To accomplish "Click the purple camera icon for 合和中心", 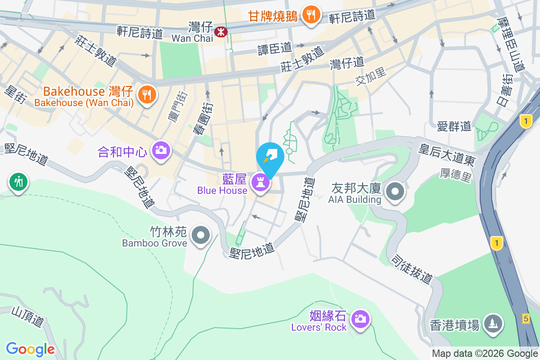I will (x=161, y=150).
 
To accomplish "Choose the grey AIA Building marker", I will (x=395, y=191).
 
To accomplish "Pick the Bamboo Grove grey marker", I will (x=200, y=235).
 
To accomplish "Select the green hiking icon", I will (x=18, y=182).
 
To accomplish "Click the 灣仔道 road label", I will (x=346, y=63).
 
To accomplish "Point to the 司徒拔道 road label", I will (x=411, y=269).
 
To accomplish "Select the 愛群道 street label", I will (x=454, y=126).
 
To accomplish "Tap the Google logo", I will (x=30, y=349).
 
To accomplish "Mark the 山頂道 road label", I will (x=27, y=316).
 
